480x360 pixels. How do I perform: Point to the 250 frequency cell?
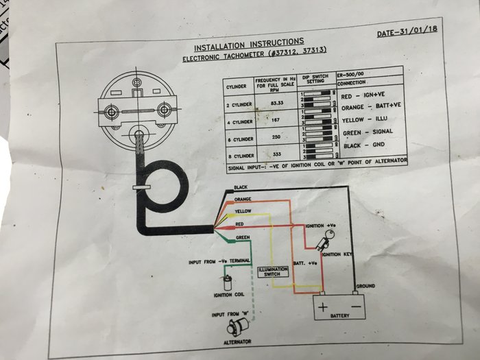pyautogui.click(x=278, y=138)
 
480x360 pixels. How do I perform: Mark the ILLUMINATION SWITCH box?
pyautogui.click(x=274, y=272)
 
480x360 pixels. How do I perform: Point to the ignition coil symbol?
pyautogui.click(x=226, y=283)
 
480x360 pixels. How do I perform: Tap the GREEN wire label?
pyautogui.click(x=243, y=238)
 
